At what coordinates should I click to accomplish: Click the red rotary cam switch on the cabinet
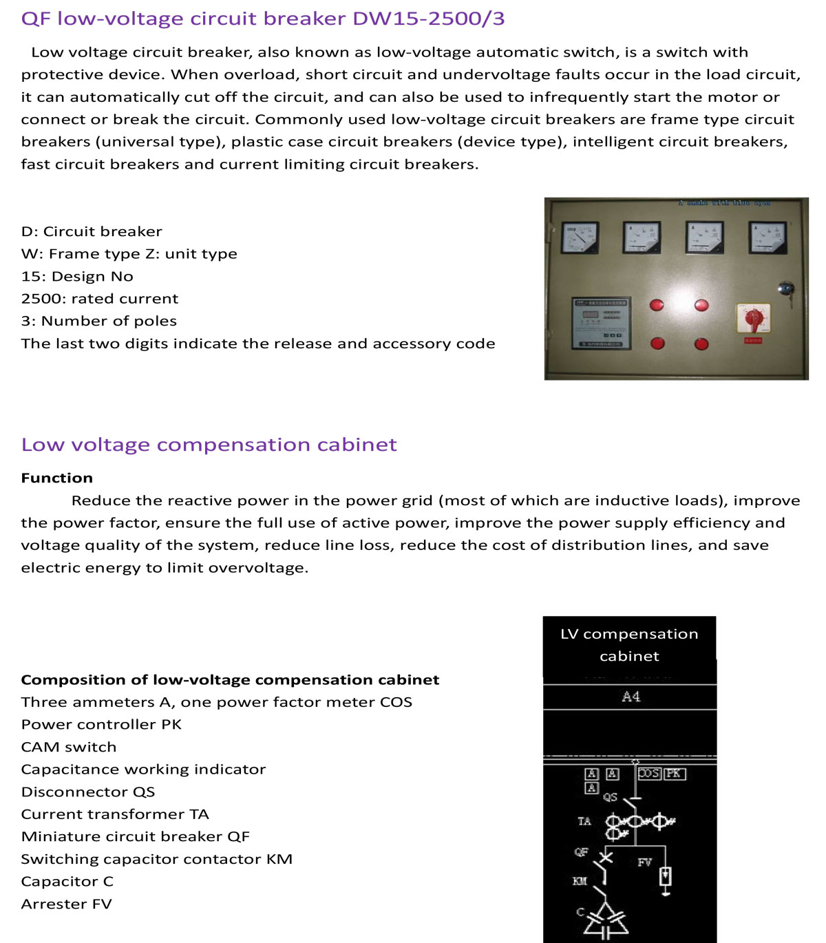[754, 318]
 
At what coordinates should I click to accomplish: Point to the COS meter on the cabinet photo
[580, 238]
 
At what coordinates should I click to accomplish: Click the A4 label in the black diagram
[631, 697]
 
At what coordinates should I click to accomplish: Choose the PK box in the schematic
[675, 774]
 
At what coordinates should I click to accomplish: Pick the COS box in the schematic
[649, 774]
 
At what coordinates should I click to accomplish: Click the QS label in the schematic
[610, 797]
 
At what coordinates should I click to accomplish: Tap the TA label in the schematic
[584, 821]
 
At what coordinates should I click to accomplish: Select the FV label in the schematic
[644, 862]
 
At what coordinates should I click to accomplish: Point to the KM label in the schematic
[580, 881]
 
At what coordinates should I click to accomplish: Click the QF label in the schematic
[582, 852]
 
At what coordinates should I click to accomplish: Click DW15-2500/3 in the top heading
[428, 19]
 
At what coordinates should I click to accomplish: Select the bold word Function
[56, 478]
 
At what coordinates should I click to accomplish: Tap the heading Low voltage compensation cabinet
[209, 445]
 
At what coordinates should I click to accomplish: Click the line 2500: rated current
[99, 299]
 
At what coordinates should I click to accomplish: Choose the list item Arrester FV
[66, 904]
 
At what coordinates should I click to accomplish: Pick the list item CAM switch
[69, 747]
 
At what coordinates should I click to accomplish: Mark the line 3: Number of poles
[98, 321]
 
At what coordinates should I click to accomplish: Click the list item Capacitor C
[67, 881]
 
